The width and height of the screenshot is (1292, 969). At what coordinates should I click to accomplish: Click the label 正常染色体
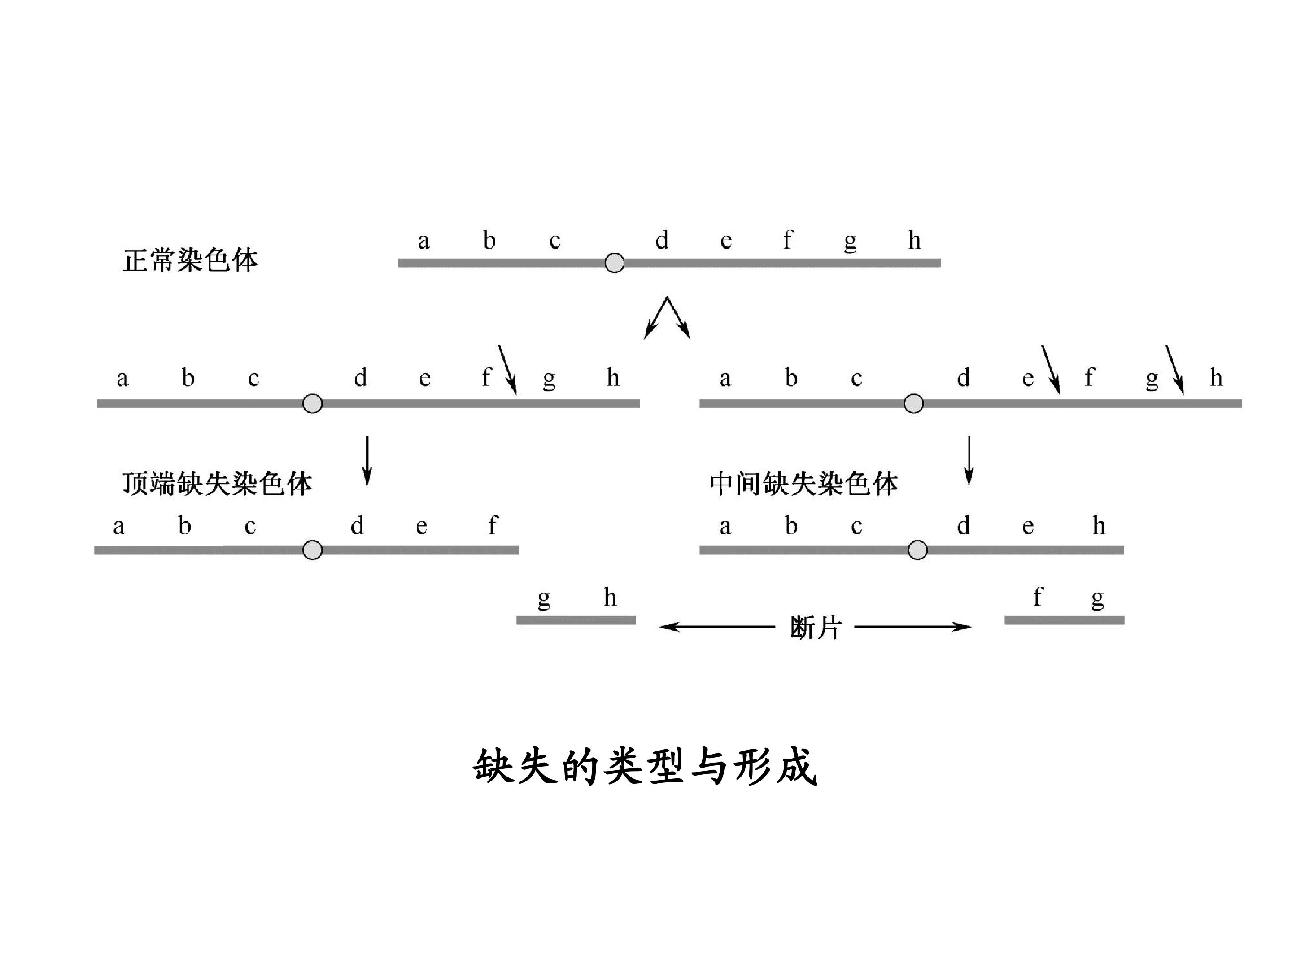[190, 260]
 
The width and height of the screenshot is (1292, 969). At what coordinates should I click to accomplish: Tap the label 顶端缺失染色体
[217, 484]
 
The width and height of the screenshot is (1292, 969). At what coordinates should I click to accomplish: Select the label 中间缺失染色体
[804, 484]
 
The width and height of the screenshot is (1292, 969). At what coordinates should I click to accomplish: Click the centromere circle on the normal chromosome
[615, 263]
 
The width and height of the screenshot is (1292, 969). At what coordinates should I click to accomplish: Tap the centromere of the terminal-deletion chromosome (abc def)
[313, 550]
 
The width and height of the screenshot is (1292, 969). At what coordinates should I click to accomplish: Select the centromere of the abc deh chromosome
[917, 550]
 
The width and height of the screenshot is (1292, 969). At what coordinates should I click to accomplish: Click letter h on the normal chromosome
[915, 240]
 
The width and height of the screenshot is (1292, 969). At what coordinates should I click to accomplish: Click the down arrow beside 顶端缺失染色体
[367, 461]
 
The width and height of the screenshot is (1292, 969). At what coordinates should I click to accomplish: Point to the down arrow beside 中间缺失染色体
[969, 461]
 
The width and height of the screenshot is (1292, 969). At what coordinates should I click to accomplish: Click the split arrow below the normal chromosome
[667, 318]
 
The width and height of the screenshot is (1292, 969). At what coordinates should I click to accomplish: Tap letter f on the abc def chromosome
[493, 525]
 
